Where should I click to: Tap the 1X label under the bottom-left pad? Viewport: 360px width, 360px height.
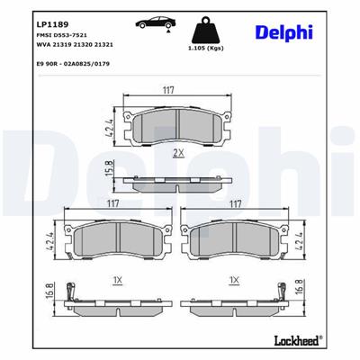118,282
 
